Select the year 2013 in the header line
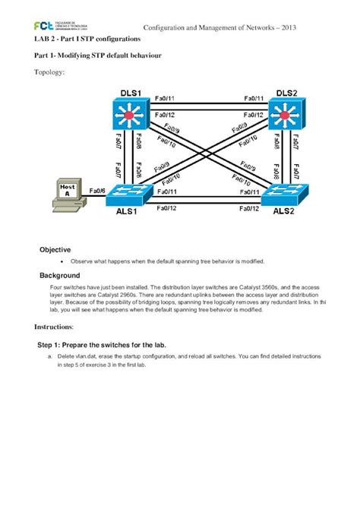point(287,28)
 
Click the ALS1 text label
point(127,213)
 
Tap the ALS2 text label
point(283,213)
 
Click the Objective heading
point(55,249)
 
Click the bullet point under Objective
point(60,261)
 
